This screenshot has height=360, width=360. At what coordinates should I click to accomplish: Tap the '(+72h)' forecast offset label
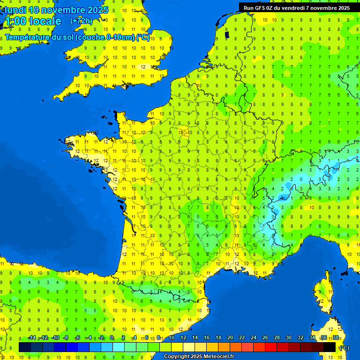[x=82, y=21]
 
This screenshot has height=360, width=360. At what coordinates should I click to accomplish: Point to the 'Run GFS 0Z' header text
[x=260, y=8]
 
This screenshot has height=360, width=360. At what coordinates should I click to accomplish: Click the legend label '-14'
[x=32, y=337]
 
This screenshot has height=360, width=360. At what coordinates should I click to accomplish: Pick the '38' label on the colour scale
[x=335, y=337]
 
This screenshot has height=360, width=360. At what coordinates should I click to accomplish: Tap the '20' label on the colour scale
[x=230, y=337]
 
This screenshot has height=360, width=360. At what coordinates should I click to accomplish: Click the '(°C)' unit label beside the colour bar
[x=344, y=347]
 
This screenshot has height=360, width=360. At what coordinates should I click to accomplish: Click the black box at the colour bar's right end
[x=330, y=347]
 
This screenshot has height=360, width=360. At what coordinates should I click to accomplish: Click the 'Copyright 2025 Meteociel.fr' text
[x=199, y=357]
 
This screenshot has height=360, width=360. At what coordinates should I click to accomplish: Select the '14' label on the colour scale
[x=195, y=337]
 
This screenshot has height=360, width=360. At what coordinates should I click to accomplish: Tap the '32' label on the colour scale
[x=300, y=337]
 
